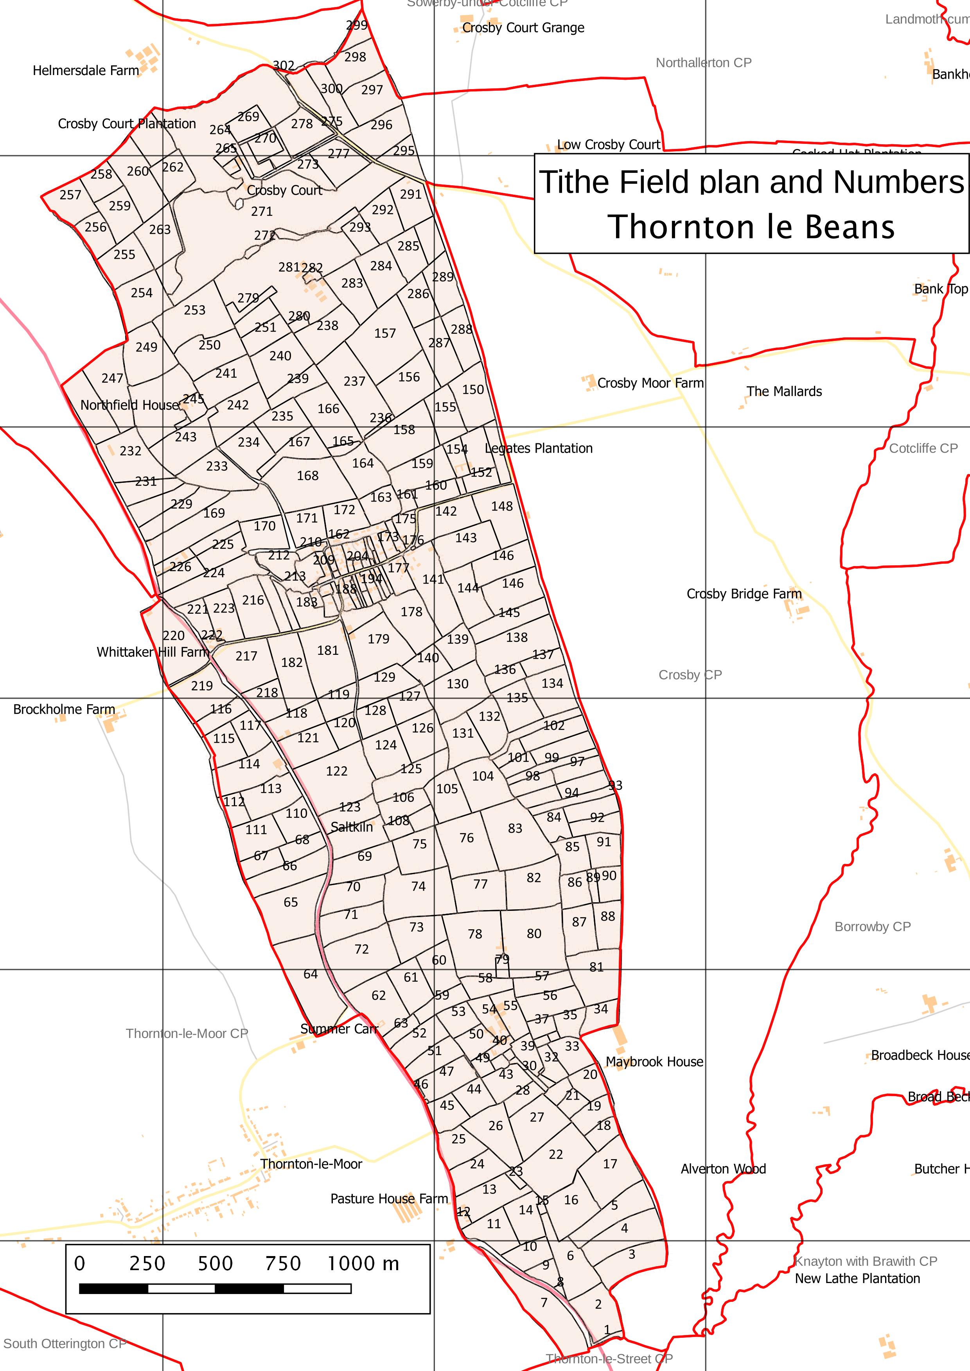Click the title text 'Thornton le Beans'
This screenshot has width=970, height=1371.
click(x=751, y=227)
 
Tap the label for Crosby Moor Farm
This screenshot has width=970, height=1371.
click(x=650, y=383)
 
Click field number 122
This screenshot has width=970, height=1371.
click(x=336, y=771)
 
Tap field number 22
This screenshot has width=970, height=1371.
click(x=555, y=1154)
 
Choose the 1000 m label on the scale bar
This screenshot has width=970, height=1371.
click(x=363, y=1263)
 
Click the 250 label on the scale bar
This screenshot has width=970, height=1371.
click(x=147, y=1263)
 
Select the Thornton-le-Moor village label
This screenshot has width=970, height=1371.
click(x=311, y=1164)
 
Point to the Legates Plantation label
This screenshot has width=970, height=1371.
click(x=538, y=448)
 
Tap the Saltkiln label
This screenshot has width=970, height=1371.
click(x=351, y=827)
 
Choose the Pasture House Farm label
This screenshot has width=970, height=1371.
click(x=389, y=1199)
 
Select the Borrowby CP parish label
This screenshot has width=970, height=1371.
click(x=872, y=927)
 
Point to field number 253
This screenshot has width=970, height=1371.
click(x=195, y=310)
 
